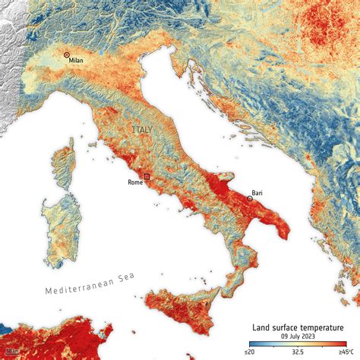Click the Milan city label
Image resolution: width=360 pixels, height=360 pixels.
[75, 62]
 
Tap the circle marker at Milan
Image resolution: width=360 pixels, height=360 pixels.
[67, 55]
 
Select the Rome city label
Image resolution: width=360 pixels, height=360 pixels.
[134, 182]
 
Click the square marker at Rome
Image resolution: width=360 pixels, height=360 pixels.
[147, 176]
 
